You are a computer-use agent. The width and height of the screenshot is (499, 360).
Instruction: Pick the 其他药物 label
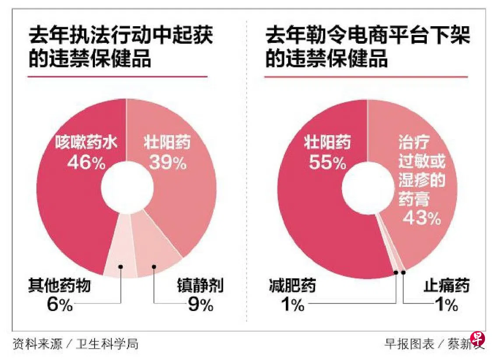60,287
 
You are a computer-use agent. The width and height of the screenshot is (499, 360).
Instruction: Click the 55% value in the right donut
328,163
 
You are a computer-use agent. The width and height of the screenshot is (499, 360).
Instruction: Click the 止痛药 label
446,287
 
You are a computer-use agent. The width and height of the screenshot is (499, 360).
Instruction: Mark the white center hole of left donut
127,189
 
